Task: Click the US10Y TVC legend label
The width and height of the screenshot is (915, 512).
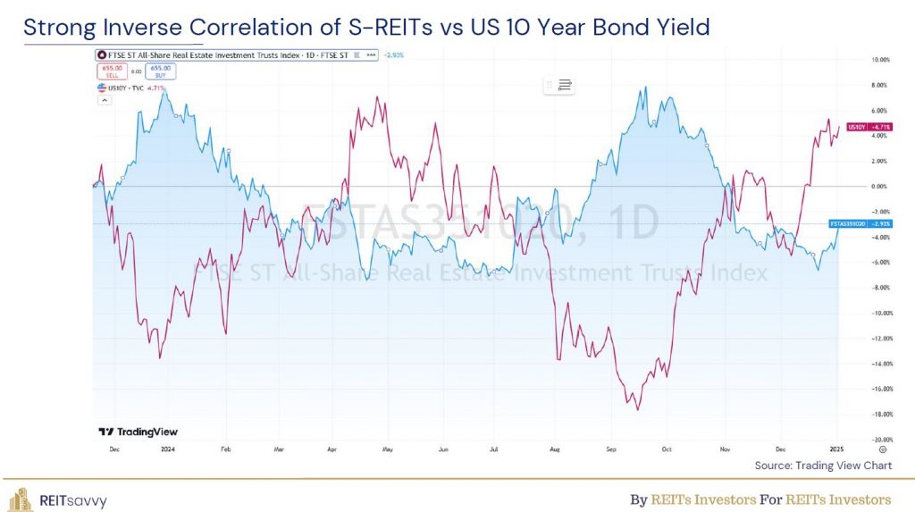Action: [x=119, y=88]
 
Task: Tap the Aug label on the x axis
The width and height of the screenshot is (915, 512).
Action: [x=555, y=451]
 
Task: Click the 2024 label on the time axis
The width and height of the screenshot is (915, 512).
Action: [x=166, y=451]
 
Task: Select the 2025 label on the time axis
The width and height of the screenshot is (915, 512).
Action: [x=835, y=451]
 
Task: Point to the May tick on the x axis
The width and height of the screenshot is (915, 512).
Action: [x=388, y=451]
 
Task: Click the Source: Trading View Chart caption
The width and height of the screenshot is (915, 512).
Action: [x=823, y=466]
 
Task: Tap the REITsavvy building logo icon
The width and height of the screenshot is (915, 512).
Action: [x=21, y=499]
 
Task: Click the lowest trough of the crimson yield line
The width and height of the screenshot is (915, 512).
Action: [x=637, y=409]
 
